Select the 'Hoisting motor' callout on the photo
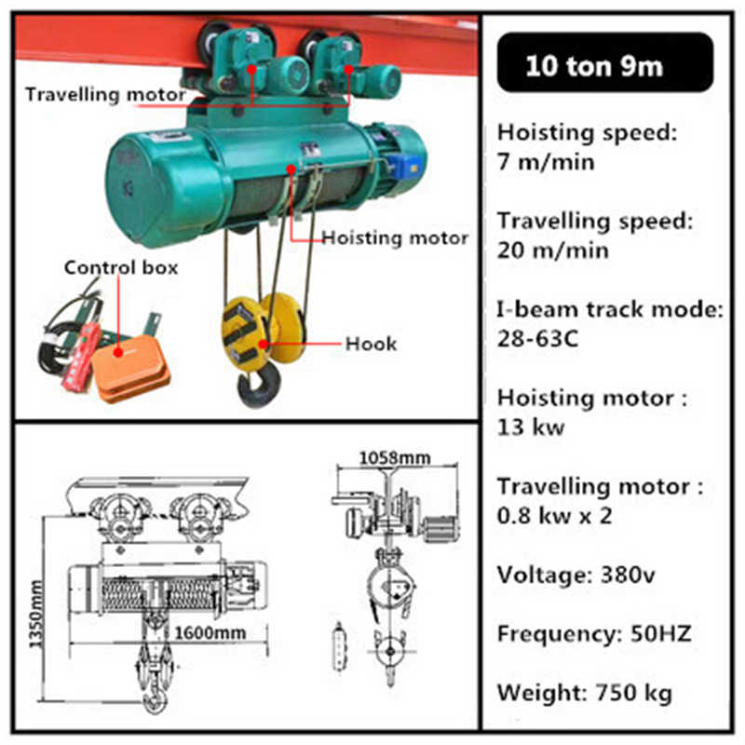pos(395,238)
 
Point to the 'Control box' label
pos(121,267)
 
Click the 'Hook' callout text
pos(371,344)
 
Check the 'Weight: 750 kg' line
pos(584,693)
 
